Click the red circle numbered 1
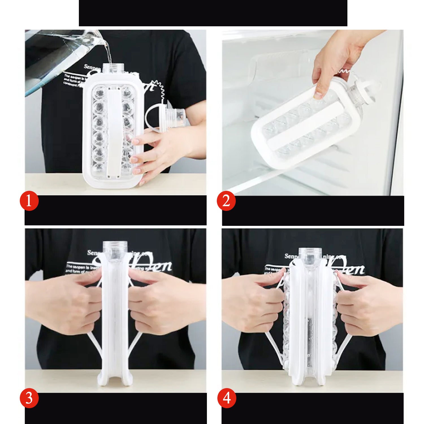click(x=29, y=201)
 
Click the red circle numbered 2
click(x=226, y=201)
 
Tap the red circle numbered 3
click(x=29, y=398)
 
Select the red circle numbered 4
click(x=226, y=398)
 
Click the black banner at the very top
click(x=213, y=13)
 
